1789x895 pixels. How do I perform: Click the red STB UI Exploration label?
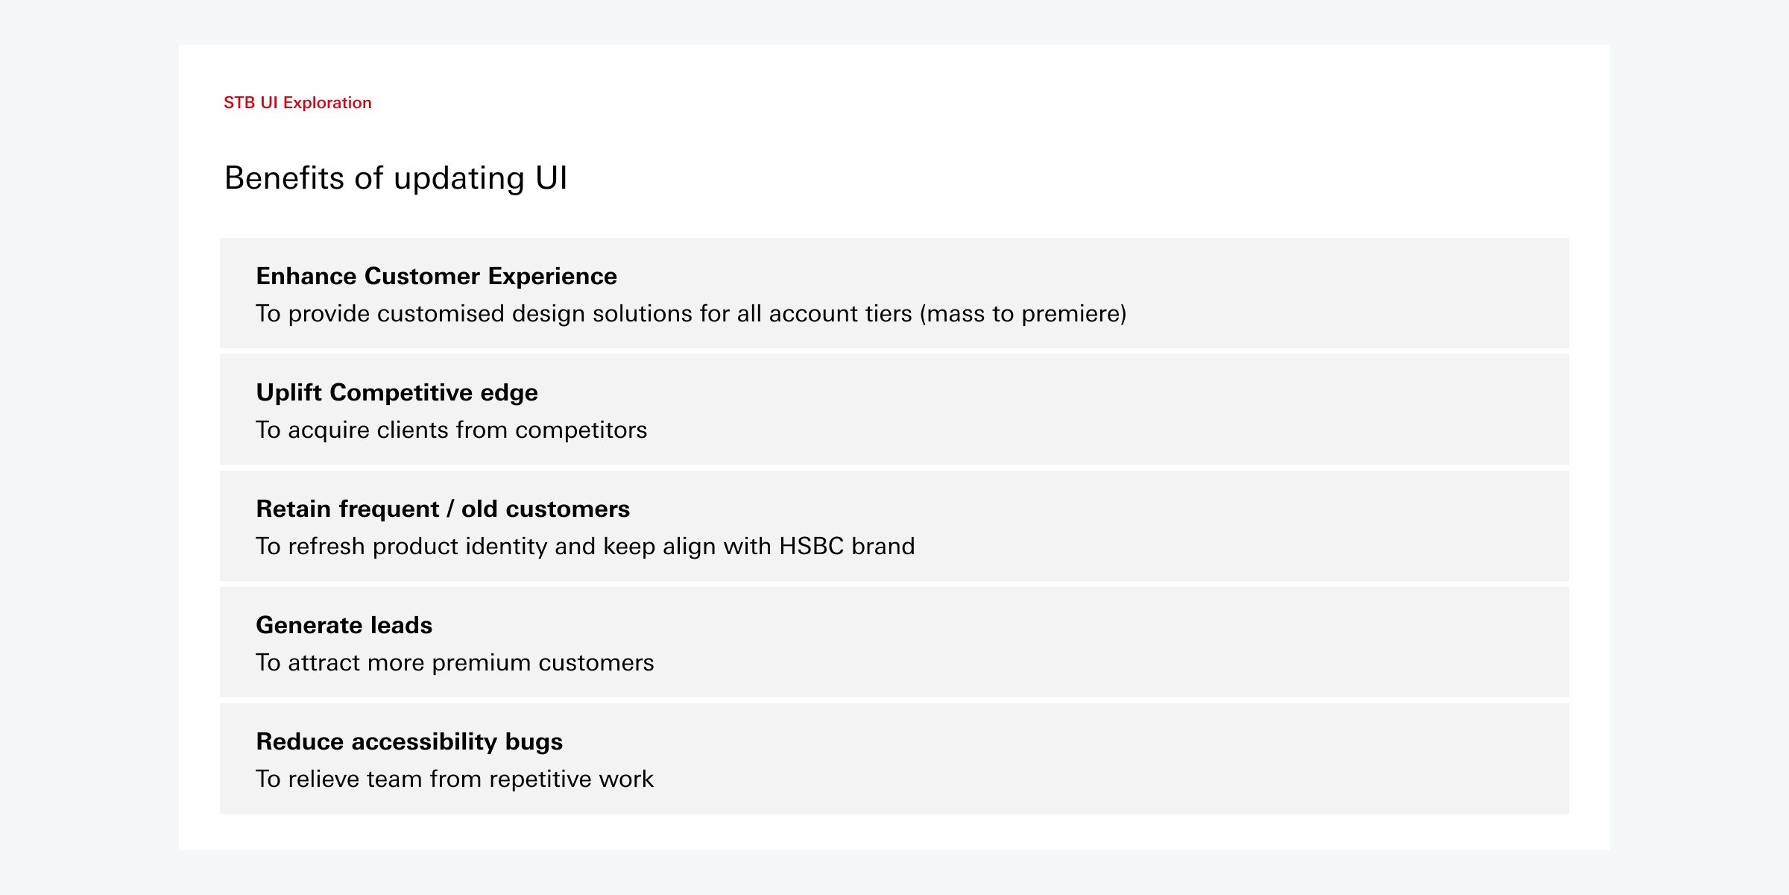(x=297, y=103)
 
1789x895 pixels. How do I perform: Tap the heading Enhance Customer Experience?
(x=436, y=276)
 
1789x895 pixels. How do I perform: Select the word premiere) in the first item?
(x=1074, y=314)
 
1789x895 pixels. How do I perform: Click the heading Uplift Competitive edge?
(x=397, y=392)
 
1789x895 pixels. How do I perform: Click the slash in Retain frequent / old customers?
(x=450, y=509)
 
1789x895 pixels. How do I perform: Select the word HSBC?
(x=811, y=546)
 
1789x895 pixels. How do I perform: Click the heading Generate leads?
(x=344, y=625)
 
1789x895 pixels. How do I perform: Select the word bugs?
(x=534, y=742)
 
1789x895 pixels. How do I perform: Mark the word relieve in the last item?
(x=324, y=779)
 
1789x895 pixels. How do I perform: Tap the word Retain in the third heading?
(x=293, y=509)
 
